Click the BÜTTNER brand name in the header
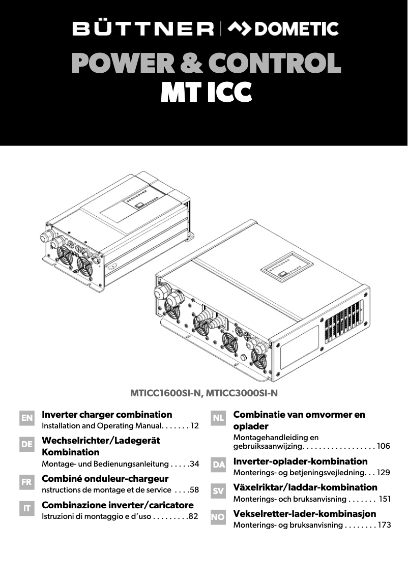(143, 29)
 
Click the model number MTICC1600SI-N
(167, 393)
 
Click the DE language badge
(27, 444)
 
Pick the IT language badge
(27, 508)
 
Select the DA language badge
(218, 465)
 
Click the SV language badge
(218, 491)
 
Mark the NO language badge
(218, 517)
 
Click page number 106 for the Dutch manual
(384, 446)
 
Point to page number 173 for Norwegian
(384, 525)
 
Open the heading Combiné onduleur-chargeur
(105, 479)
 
